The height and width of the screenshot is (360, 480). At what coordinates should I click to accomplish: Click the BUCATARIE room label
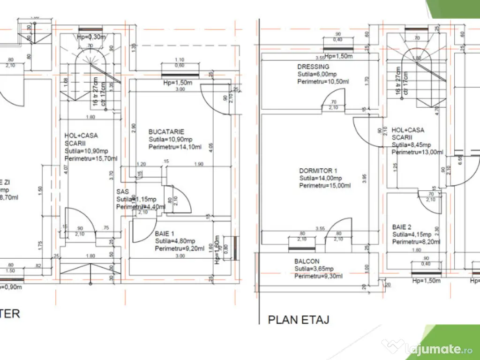[x=166, y=132]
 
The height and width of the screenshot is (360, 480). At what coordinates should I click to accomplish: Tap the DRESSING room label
[x=313, y=67]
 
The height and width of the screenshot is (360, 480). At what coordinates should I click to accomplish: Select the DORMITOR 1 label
[x=318, y=171]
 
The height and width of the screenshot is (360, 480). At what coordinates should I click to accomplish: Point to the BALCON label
[x=307, y=262]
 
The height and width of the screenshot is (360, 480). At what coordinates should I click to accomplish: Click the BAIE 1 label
[x=165, y=234]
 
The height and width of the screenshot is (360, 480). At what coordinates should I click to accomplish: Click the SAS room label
[x=122, y=192]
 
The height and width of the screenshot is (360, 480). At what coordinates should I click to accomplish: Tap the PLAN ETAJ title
[x=298, y=320]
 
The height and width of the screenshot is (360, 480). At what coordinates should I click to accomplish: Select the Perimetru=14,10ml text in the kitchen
[x=175, y=147]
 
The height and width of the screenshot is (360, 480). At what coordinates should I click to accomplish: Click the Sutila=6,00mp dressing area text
[x=317, y=74]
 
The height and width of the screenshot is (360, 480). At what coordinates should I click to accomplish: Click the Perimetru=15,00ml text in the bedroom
[x=325, y=186]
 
